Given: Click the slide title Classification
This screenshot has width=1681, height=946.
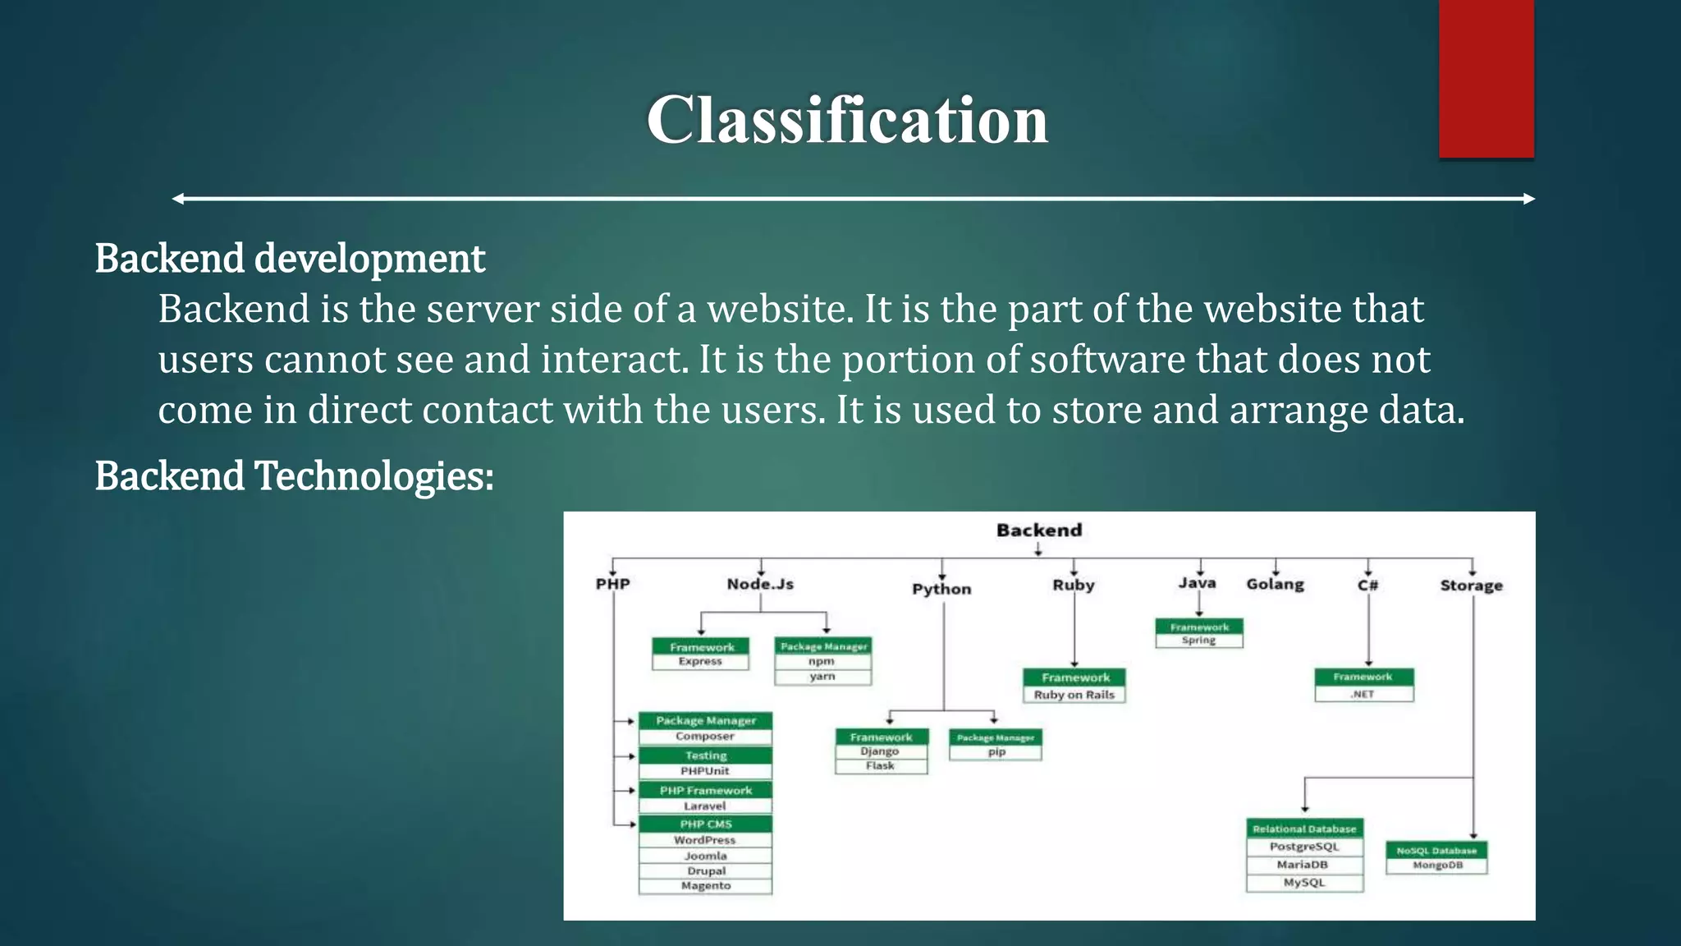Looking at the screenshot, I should pyautogui.click(x=847, y=120).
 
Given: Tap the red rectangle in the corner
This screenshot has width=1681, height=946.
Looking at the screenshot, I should pyautogui.click(x=1486, y=78).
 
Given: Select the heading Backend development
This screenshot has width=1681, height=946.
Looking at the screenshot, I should pyautogui.click(x=290, y=259).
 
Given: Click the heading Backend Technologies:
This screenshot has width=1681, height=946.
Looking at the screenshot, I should pyautogui.click(x=294, y=476).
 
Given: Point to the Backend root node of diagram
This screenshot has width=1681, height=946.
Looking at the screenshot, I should pyautogui.click(x=1039, y=530).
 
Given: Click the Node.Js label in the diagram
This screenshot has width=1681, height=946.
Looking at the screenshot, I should pyautogui.click(x=760, y=584).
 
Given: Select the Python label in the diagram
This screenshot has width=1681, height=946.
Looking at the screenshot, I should pyautogui.click(x=941, y=589).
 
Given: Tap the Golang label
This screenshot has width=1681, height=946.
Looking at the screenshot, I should pyautogui.click(x=1275, y=584).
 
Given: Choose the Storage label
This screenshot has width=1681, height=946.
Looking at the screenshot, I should pyautogui.click(x=1471, y=586).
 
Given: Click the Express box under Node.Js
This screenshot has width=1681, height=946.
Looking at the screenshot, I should pyautogui.click(x=700, y=662).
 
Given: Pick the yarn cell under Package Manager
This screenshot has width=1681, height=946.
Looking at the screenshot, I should pyautogui.click(x=822, y=677).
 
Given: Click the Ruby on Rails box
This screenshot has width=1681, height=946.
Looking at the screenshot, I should pyautogui.click(x=1074, y=695).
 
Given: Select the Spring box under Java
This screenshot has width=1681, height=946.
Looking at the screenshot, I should pyautogui.click(x=1198, y=641).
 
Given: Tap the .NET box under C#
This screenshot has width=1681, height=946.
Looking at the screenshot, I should pyautogui.click(x=1363, y=694).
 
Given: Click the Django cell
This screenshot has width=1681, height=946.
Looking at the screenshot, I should pyautogui.click(x=880, y=751).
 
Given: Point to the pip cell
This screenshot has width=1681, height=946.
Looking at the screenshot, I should pyautogui.click(x=996, y=752).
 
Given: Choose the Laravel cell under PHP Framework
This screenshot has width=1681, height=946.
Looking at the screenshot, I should pyautogui.click(x=705, y=806).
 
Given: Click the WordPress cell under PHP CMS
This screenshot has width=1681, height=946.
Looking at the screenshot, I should pyautogui.click(x=705, y=840).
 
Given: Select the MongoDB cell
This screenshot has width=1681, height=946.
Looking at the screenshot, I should pyautogui.click(x=1437, y=866).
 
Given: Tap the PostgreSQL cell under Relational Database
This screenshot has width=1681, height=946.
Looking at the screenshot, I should pyautogui.click(x=1303, y=847).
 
